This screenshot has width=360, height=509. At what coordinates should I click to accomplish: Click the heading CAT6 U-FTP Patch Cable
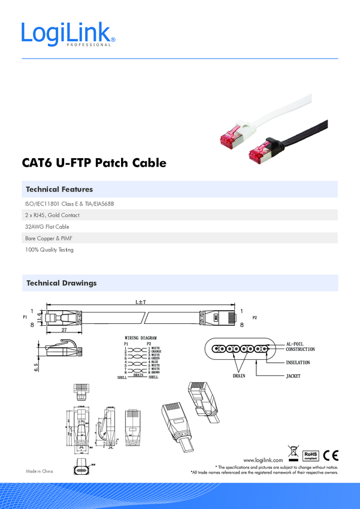point(93,163)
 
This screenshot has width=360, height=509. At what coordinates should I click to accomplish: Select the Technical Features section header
point(59,189)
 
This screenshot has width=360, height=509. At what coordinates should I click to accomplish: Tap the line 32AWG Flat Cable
point(47,227)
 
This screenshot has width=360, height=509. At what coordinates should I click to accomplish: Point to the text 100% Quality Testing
point(49,250)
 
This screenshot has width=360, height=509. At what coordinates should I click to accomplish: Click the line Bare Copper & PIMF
point(49,238)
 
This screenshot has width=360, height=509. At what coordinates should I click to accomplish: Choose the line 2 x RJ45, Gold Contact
point(52,215)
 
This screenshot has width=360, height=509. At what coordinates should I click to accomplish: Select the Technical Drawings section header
point(61,283)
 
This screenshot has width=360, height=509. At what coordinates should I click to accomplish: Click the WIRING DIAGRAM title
point(140,338)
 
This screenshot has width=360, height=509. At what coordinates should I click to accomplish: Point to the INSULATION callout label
point(298,363)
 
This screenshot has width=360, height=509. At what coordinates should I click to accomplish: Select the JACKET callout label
point(293,377)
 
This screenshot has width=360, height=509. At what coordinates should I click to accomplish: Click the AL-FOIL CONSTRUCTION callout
point(300,346)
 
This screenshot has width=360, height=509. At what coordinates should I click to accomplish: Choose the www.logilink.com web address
point(263,459)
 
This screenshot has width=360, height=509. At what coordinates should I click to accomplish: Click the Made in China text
point(39,471)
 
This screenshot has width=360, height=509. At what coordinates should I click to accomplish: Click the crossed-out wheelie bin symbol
point(293,452)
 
